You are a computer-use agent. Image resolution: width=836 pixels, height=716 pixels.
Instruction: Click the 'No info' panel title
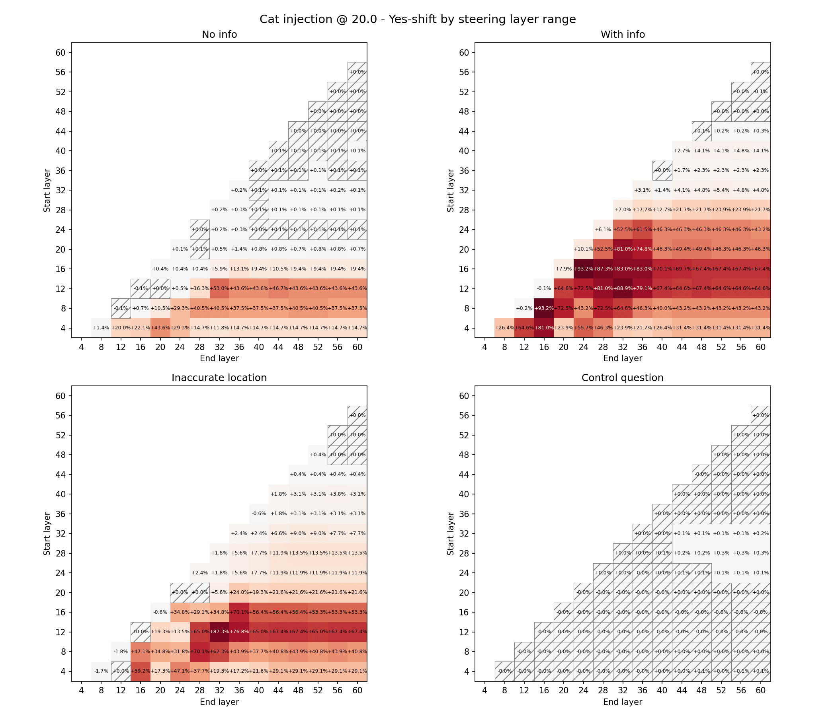point(219,35)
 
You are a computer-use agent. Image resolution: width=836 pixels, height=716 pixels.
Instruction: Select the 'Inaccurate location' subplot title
point(219,378)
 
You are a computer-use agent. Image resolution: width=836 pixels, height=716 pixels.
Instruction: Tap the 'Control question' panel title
point(622,378)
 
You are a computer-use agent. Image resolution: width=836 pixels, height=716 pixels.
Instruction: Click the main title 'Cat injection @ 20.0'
point(418,19)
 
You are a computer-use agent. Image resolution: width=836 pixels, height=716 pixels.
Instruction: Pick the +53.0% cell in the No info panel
point(219,289)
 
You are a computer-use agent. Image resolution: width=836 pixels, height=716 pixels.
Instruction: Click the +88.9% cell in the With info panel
point(623,289)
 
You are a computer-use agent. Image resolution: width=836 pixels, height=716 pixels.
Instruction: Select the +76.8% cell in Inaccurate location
point(239,632)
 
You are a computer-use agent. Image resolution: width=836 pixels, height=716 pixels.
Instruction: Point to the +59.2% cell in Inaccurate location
point(141,671)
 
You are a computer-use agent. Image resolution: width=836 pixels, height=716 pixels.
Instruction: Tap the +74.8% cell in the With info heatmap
point(643,249)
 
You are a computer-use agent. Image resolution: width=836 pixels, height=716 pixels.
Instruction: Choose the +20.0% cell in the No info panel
point(121,328)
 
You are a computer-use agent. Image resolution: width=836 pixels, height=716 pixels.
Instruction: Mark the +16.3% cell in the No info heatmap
point(199,289)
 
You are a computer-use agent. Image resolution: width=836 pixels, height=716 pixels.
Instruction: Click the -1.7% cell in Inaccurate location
point(101,671)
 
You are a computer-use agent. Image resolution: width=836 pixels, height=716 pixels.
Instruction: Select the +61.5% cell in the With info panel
point(643,230)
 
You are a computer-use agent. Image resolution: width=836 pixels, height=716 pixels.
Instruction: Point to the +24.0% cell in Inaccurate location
point(239,592)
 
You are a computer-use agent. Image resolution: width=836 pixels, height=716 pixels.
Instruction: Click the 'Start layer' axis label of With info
point(451,190)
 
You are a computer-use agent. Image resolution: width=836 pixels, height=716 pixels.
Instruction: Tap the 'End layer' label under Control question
point(622,702)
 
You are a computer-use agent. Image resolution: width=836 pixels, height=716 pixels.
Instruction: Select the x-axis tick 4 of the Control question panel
point(484,691)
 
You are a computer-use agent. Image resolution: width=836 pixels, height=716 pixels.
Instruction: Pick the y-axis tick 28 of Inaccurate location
point(60,553)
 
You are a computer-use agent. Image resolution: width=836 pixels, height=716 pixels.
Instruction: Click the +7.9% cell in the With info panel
point(563,269)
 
